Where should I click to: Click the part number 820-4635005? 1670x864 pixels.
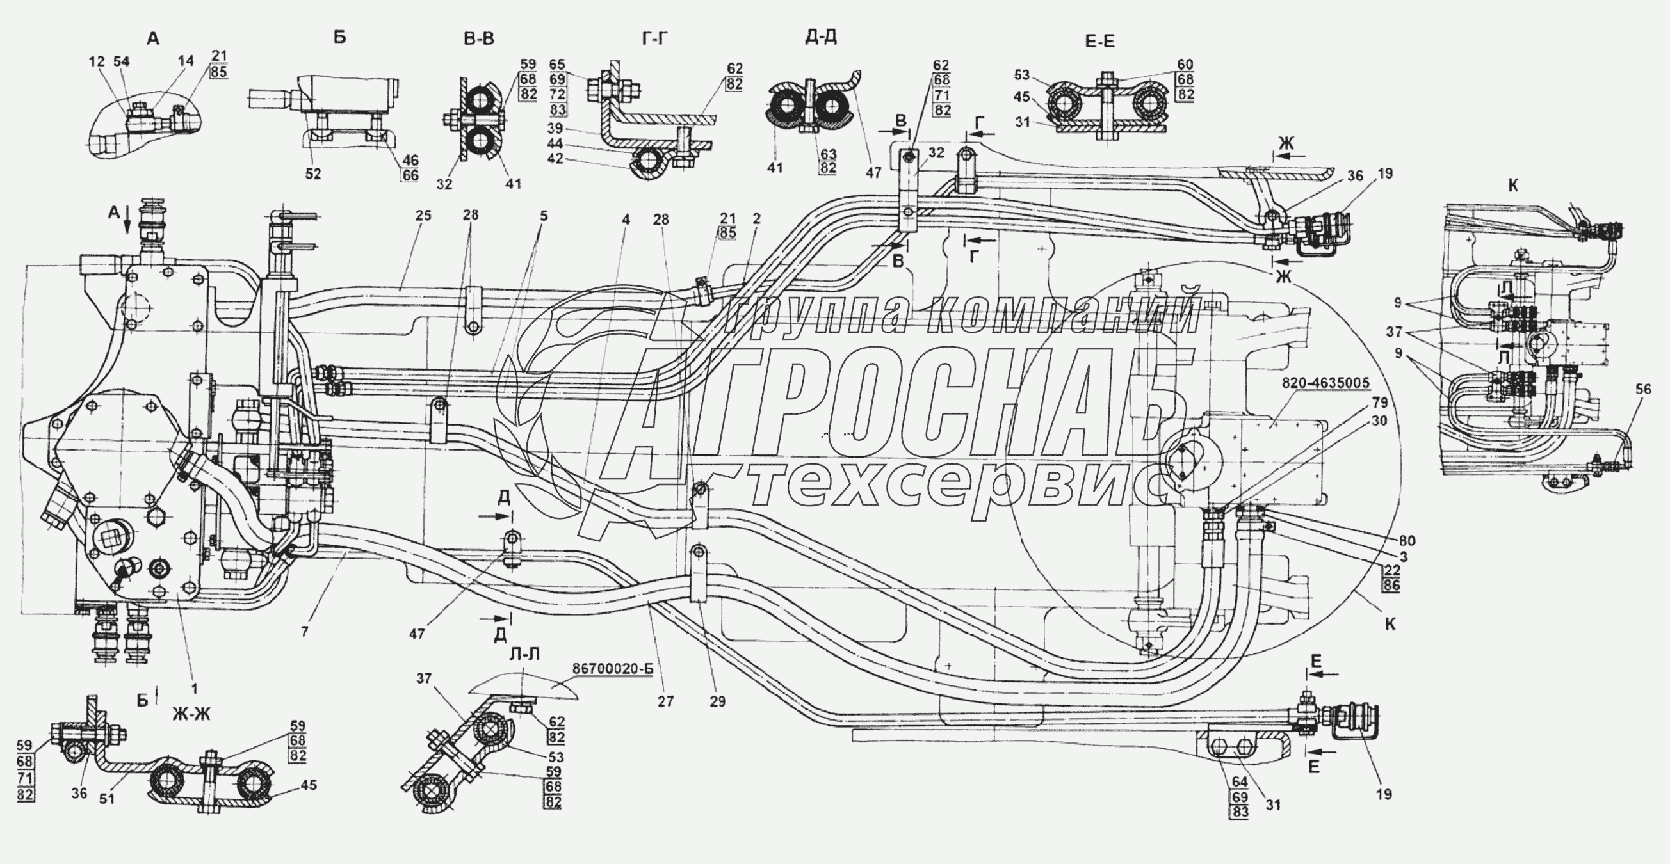click(x=1325, y=383)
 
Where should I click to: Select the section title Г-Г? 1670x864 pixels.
click(x=655, y=40)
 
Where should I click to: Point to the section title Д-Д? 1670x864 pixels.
click(x=821, y=37)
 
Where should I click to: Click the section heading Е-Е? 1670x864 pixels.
click(x=1100, y=42)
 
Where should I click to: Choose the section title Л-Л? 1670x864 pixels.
click(x=524, y=655)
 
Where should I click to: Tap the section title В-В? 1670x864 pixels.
click(x=479, y=39)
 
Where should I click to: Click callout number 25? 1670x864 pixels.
click(x=423, y=216)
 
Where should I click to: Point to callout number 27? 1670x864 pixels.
click(x=666, y=701)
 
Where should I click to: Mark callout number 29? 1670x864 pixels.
click(x=718, y=701)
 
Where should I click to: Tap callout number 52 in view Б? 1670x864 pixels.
click(x=313, y=174)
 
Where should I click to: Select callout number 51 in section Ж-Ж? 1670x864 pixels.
click(x=107, y=799)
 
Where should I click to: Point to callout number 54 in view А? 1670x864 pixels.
click(x=121, y=61)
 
